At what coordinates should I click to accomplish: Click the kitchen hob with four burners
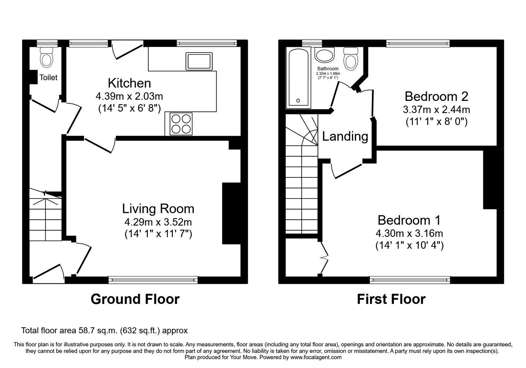[181, 124]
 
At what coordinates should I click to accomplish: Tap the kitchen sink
[199, 61]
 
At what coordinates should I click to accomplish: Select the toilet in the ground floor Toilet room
[46, 57]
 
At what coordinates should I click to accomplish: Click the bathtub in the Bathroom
[299, 78]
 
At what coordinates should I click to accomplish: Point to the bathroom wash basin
[324, 55]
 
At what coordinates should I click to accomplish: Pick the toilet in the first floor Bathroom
[350, 59]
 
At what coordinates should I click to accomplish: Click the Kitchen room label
[130, 83]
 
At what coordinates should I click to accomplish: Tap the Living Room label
[158, 209]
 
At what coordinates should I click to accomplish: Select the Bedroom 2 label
[436, 97]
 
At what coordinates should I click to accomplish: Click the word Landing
[345, 136]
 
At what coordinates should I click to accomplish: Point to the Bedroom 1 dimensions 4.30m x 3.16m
[409, 233]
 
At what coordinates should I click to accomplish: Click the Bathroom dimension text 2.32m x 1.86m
[328, 74]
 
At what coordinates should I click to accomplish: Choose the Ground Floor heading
[135, 299]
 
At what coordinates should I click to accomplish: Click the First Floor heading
[391, 299]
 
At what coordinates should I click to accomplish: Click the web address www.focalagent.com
[316, 357]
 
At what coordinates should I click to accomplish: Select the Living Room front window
[153, 280]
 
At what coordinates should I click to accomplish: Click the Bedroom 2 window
[418, 43]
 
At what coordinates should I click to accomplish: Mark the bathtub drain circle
[298, 101]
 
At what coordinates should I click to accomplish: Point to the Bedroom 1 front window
[410, 280]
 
